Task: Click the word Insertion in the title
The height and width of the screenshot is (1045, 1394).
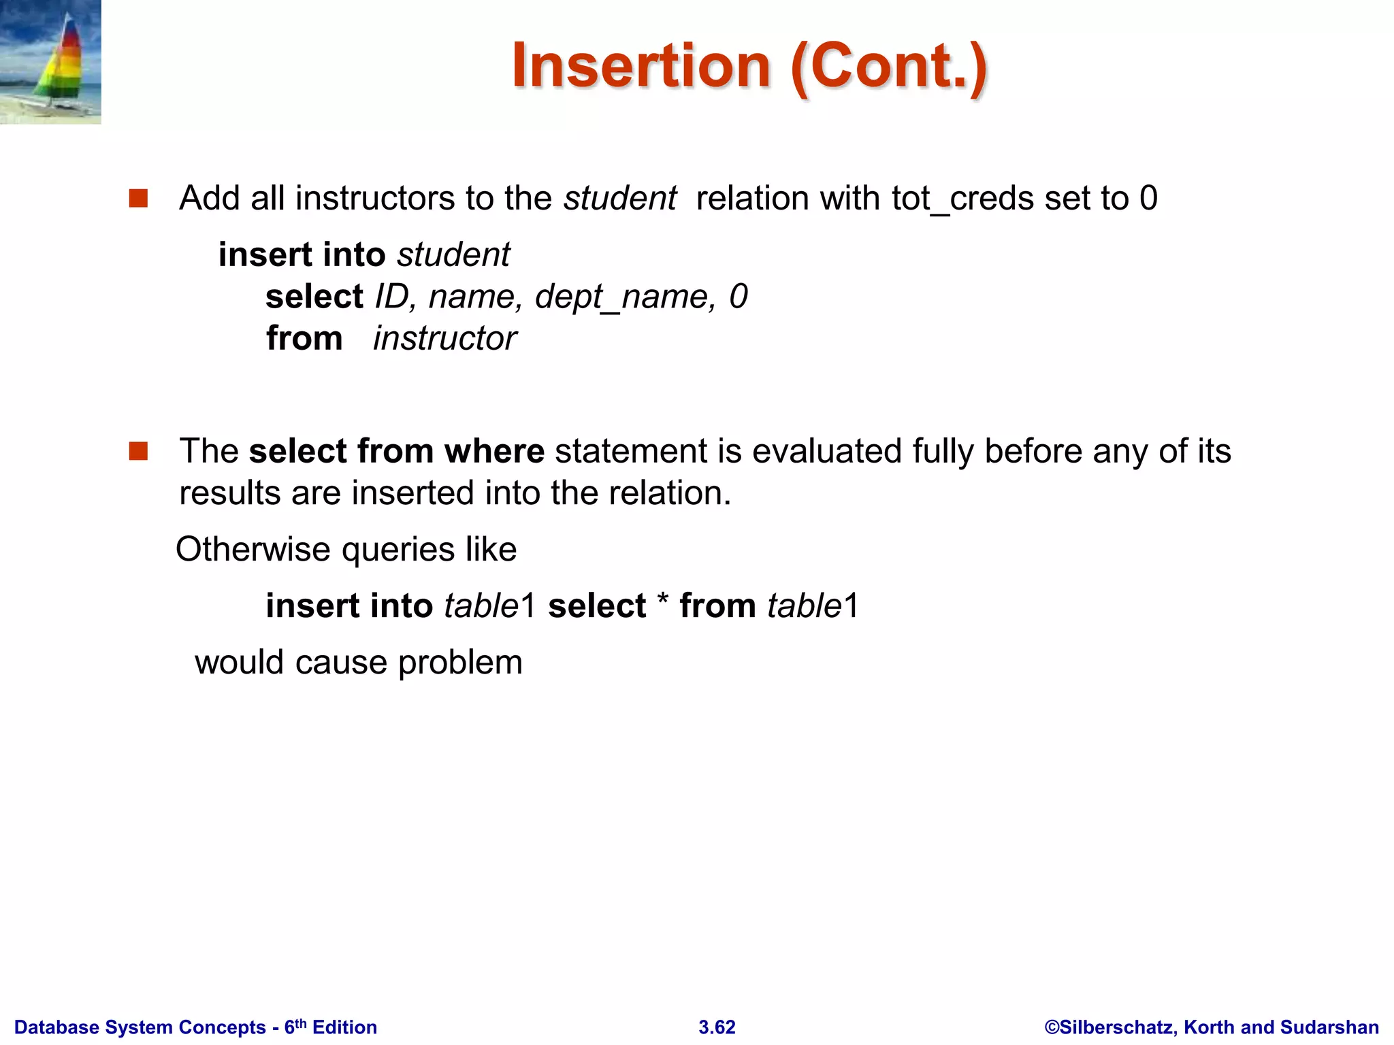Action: click(641, 67)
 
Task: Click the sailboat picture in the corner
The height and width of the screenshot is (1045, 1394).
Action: click(50, 62)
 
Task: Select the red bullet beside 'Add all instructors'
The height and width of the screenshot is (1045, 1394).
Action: click(139, 199)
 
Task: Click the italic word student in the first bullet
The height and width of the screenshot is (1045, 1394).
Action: click(620, 199)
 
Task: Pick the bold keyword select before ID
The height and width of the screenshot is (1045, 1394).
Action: click(314, 297)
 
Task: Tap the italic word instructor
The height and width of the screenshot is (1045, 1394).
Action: click(444, 339)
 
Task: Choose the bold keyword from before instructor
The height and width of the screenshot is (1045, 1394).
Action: click(304, 339)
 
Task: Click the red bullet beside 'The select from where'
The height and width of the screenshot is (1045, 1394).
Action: click(139, 451)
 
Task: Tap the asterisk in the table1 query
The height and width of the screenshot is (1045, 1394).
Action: click(663, 602)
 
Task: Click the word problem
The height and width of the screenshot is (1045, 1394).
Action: click(460, 662)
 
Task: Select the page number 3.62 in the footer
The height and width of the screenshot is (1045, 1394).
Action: click(717, 1027)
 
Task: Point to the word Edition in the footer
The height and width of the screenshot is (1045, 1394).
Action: click(344, 1027)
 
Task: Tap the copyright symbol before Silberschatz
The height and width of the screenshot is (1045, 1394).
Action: click(1052, 1027)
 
